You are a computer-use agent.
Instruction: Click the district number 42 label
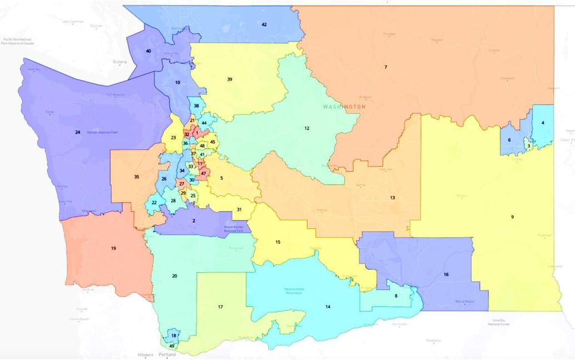[x=264, y=24]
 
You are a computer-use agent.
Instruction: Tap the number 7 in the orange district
[x=386, y=67]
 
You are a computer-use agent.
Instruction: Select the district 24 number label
[x=77, y=132]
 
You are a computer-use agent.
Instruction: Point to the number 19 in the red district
[x=113, y=248]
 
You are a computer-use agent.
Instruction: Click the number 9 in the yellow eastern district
[x=512, y=217]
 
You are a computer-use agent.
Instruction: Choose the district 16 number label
[x=446, y=275]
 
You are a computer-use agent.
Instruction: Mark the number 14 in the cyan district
[x=328, y=307]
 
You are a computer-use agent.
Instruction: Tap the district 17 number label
[x=220, y=307]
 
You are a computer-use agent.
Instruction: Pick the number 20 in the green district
[x=174, y=276]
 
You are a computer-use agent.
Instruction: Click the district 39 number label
[x=229, y=79]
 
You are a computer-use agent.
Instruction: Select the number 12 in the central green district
[x=306, y=128]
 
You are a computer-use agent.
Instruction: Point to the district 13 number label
[x=392, y=198]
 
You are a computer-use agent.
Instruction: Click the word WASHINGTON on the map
[x=344, y=106]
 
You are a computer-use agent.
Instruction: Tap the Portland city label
[x=167, y=354]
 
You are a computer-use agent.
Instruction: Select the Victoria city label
[x=119, y=62]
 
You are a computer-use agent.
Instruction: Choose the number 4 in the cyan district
[x=543, y=122]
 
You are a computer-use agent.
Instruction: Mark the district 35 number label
[x=136, y=177]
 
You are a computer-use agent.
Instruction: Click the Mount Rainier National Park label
[x=233, y=229]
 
